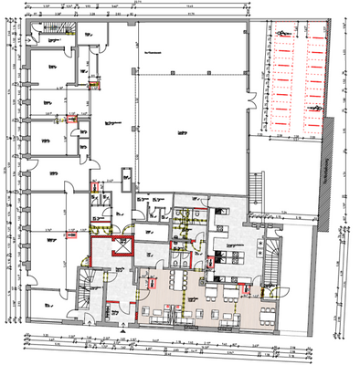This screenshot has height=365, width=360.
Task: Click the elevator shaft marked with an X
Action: (x=120, y=247)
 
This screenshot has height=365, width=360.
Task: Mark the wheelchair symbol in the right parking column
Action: (x=319, y=107)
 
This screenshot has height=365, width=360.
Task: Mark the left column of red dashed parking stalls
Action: (x=278, y=78)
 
